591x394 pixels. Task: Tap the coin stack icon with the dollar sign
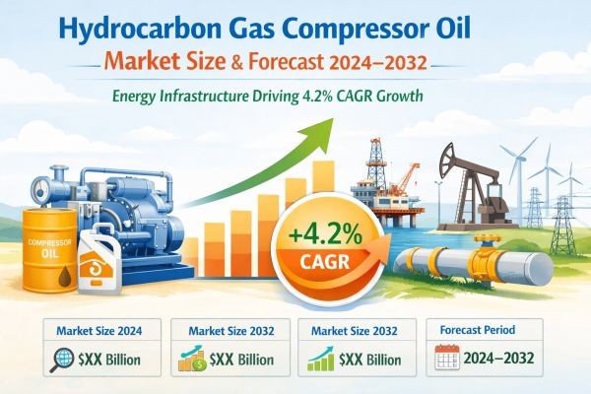click(190, 361)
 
